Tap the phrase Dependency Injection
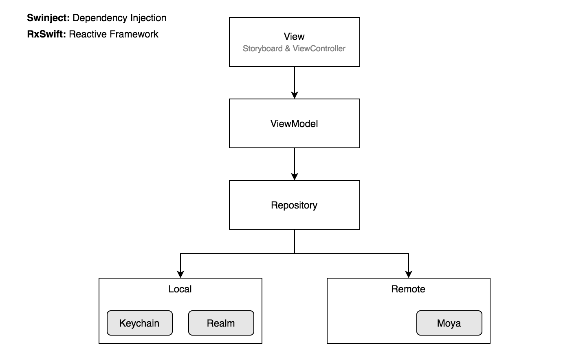click(119, 18)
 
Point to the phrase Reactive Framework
click(114, 34)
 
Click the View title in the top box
click(294, 37)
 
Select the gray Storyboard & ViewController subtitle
click(294, 48)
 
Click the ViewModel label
click(294, 124)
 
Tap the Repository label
click(294, 205)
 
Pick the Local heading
click(180, 289)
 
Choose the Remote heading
click(408, 289)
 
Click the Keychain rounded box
click(140, 323)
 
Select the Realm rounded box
click(221, 323)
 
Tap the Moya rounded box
click(449, 323)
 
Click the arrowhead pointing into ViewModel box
click(295, 95)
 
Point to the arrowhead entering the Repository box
click(295, 177)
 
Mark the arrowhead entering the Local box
click(180, 274)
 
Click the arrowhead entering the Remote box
click(409, 274)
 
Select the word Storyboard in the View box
click(263, 48)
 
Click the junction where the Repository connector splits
click(295, 254)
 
